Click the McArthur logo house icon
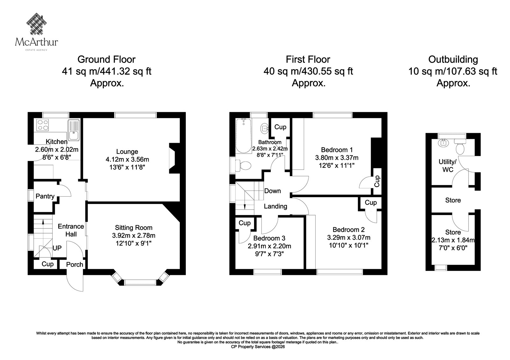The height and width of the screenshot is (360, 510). (36, 24)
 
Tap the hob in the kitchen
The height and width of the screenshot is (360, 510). (43, 125)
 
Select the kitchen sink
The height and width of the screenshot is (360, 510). (74, 130)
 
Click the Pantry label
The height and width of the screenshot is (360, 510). (45, 196)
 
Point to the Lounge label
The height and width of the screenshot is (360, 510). (127, 152)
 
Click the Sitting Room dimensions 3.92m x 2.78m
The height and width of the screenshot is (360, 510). (134, 235)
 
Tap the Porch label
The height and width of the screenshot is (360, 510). (75, 264)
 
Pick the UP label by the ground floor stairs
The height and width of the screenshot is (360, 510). (57, 248)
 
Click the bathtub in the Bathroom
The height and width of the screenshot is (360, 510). (244, 136)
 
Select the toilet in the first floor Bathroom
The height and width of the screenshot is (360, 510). (244, 165)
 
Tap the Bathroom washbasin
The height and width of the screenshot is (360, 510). (264, 128)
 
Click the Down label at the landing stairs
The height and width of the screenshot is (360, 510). (273, 191)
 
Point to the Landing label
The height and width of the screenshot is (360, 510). (275, 206)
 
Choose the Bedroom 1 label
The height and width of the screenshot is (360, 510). (337, 150)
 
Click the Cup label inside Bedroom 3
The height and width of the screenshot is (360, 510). (244, 223)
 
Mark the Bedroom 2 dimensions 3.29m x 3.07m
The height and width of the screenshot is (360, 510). (349, 238)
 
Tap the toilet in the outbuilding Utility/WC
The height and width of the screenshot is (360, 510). (460, 147)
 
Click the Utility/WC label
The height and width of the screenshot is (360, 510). (448, 166)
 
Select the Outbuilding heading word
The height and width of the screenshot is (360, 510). (453, 59)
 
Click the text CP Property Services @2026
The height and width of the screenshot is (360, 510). (258, 347)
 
